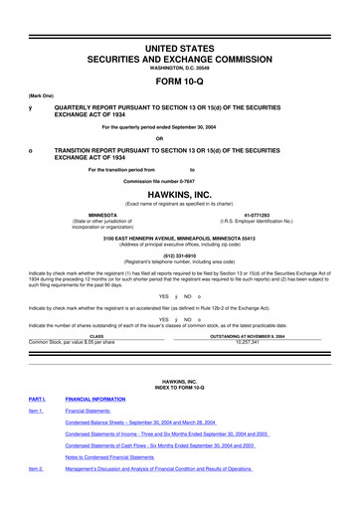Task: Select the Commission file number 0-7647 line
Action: [180, 180]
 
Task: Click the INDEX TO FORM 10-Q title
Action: [180, 413]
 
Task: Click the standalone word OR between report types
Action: [180, 137]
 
